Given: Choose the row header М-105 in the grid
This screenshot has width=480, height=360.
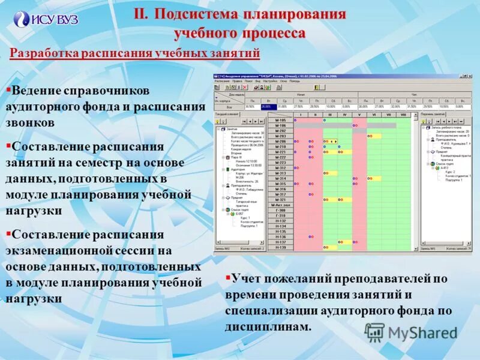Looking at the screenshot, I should pyautogui.click(x=280, y=121).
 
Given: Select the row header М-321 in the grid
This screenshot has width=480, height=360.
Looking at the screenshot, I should pyautogui.click(x=280, y=200).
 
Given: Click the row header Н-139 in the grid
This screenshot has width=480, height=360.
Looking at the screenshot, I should pyautogui.click(x=280, y=247).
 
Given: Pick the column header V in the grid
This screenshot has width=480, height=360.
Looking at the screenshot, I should pyautogui.click(x=359, y=114).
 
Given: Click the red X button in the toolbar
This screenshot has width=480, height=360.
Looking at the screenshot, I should pyautogui.click(x=241, y=88).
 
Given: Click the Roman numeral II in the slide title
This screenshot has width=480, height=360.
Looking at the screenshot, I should pyautogui.click(x=140, y=14).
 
